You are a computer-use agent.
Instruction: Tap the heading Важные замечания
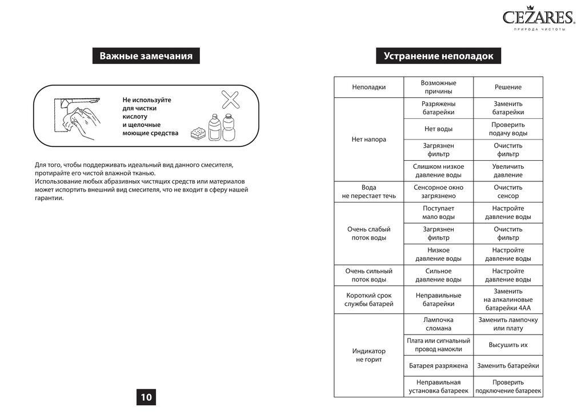tap(146, 56)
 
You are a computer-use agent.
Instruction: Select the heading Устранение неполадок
tap(438, 56)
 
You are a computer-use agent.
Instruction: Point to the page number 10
tap(146, 397)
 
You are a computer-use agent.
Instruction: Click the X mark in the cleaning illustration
tap(230, 99)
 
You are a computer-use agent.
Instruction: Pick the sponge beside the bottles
tap(198, 133)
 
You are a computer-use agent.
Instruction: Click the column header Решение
tap(508, 87)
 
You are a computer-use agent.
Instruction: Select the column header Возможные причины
tap(438, 87)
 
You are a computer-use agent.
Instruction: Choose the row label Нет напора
tap(368, 139)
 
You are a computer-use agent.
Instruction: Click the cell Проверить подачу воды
tap(508, 129)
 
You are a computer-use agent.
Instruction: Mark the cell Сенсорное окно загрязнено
tap(438, 192)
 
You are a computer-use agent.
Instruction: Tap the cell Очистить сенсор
tap(508, 192)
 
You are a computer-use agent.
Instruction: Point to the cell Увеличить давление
tap(508, 170)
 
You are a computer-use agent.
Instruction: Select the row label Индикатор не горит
tap(368, 355)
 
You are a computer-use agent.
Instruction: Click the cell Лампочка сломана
tap(438, 324)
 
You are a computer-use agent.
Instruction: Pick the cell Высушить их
tap(508, 345)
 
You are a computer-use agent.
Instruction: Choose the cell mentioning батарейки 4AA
tap(508, 299)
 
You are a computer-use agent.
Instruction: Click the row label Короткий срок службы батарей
tap(368, 300)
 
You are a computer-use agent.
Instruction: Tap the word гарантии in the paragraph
tap(49, 198)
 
